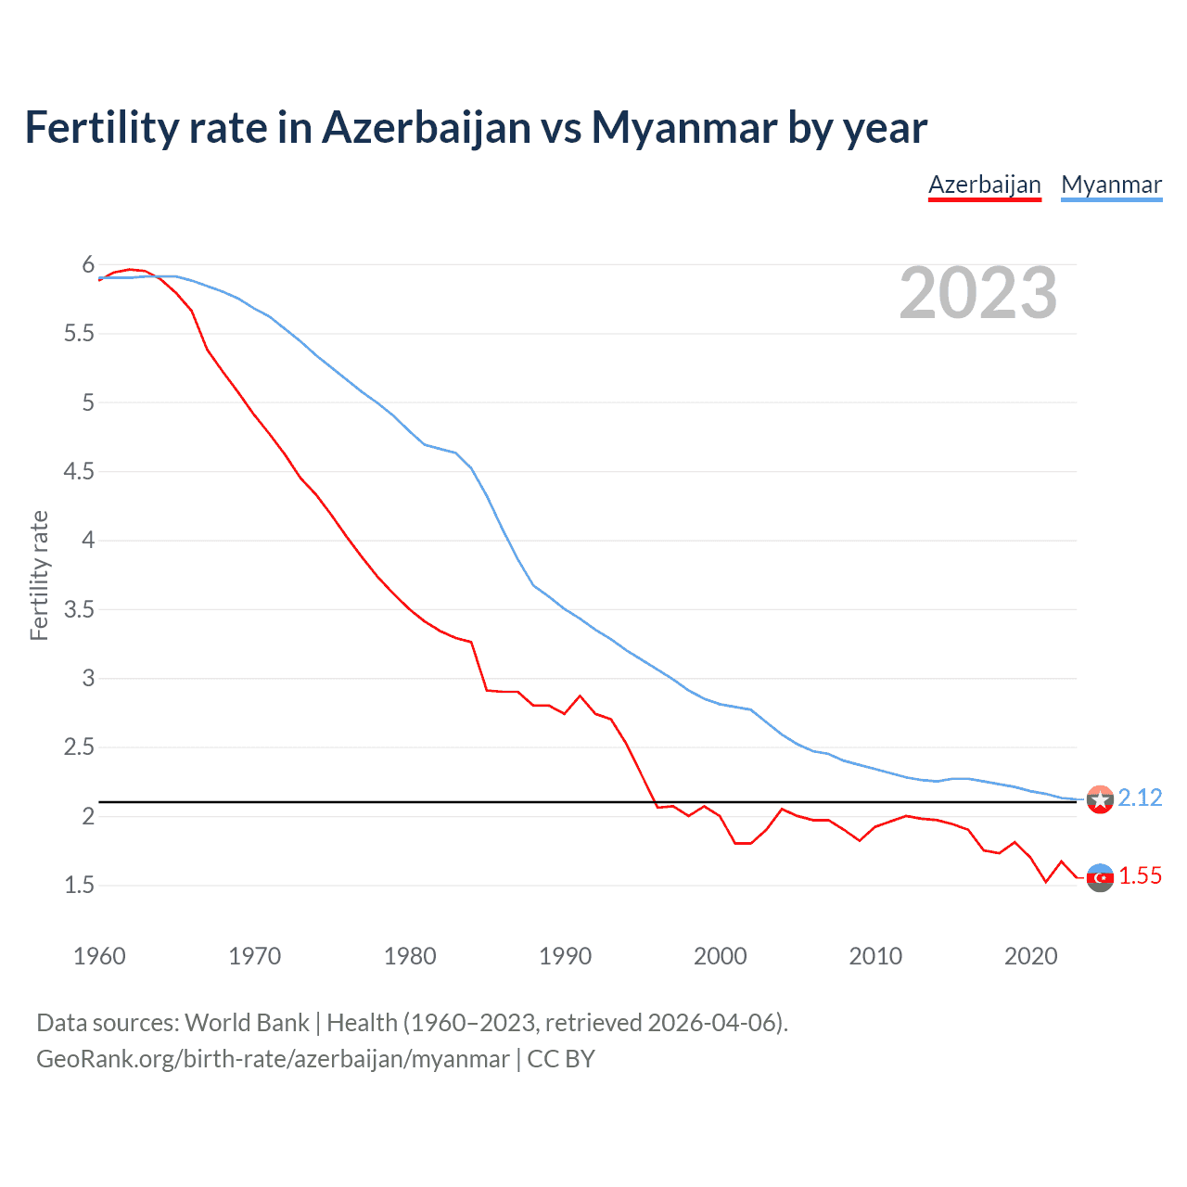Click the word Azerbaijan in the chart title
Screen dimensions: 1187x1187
pyautogui.click(x=427, y=128)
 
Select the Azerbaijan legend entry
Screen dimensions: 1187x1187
pyautogui.click(x=985, y=185)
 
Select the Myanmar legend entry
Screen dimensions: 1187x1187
pyautogui.click(x=1111, y=185)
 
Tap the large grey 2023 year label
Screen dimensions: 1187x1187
pyautogui.click(x=978, y=293)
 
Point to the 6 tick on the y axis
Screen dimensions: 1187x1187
pyautogui.click(x=88, y=265)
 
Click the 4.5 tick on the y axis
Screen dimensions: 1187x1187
pyautogui.click(x=79, y=472)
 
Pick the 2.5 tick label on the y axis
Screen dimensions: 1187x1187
pyautogui.click(x=79, y=747)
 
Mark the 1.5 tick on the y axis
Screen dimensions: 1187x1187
pyautogui.click(x=79, y=886)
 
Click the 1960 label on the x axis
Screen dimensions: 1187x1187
pyautogui.click(x=99, y=956)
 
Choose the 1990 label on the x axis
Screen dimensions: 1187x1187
pyautogui.click(x=565, y=956)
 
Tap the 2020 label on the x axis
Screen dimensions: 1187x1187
pyautogui.click(x=1030, y=956)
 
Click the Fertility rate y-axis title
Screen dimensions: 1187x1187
pyautogui.click(x=39, y=575)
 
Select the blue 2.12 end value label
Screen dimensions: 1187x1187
pyautogui.click(x=1140, y=798)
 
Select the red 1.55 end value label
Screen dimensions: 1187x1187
pyautogui.click(x=1140, y=876)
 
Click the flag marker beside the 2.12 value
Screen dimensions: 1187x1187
pyautogui.click(x=1100, y=799)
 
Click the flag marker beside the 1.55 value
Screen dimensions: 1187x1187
pyautogui.click(x=1100, y=877)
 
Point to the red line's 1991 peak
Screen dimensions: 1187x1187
pyautogui.click(x=581, y=696)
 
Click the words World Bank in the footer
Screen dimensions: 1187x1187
pyautogui.click(x=247, y=1023)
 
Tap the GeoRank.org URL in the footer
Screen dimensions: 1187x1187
pyautogui.click(x=273, y=1059)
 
